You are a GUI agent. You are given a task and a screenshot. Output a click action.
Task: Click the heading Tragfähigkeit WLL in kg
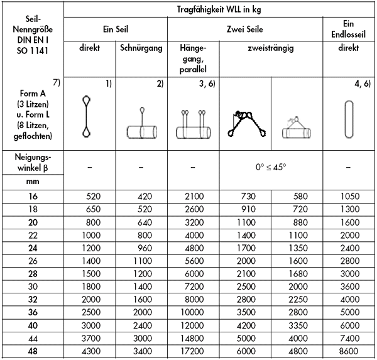(221, 8)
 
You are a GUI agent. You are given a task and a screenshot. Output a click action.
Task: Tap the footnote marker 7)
(56, 84)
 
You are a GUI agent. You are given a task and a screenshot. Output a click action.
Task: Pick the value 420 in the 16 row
(141, 197)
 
